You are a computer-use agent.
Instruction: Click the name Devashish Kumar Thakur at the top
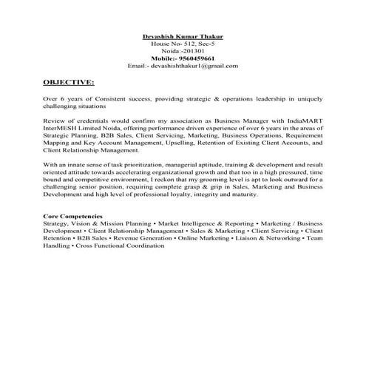coord(182,37)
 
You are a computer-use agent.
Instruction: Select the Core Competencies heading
coord(73,214)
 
